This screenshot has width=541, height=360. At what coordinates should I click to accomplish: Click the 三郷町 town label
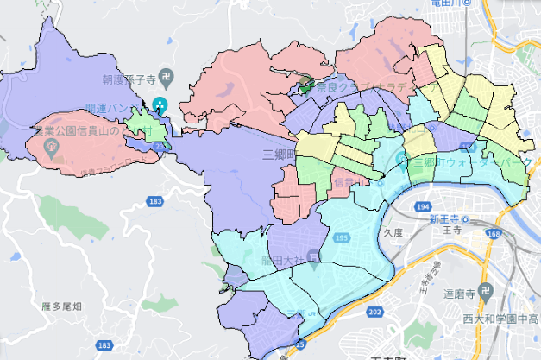coord(279,156)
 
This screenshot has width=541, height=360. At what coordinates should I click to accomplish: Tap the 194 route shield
coord(422,207)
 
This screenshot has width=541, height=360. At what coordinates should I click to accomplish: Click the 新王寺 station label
coord(448,219)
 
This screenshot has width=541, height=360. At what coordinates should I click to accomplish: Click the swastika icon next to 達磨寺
coord(487,293)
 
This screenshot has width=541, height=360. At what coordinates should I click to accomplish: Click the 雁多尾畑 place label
coord(61,306)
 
